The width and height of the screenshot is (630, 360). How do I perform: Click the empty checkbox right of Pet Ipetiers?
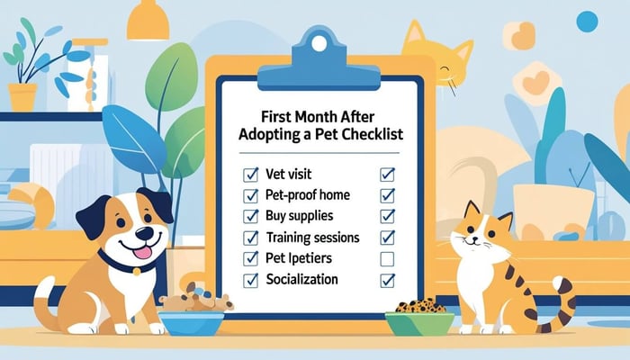[x=388, y=259]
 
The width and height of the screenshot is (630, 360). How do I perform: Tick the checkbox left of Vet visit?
[x=251, y=173]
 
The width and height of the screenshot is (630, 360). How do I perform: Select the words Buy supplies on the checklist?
[x=300, y=216]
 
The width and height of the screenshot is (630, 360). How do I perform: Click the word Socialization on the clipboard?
[x=302, y=280]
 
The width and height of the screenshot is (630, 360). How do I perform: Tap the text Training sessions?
[x=313, y=238]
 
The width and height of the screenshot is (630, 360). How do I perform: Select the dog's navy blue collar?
[x=126, y=265]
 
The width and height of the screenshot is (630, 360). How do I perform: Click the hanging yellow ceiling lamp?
[x=148, y=22]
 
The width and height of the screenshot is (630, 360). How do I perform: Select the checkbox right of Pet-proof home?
[x=388, y=194]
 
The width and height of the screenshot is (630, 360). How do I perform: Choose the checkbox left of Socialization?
[x=251, y=281]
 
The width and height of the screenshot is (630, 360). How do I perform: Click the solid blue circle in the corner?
[x=587, y=21]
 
